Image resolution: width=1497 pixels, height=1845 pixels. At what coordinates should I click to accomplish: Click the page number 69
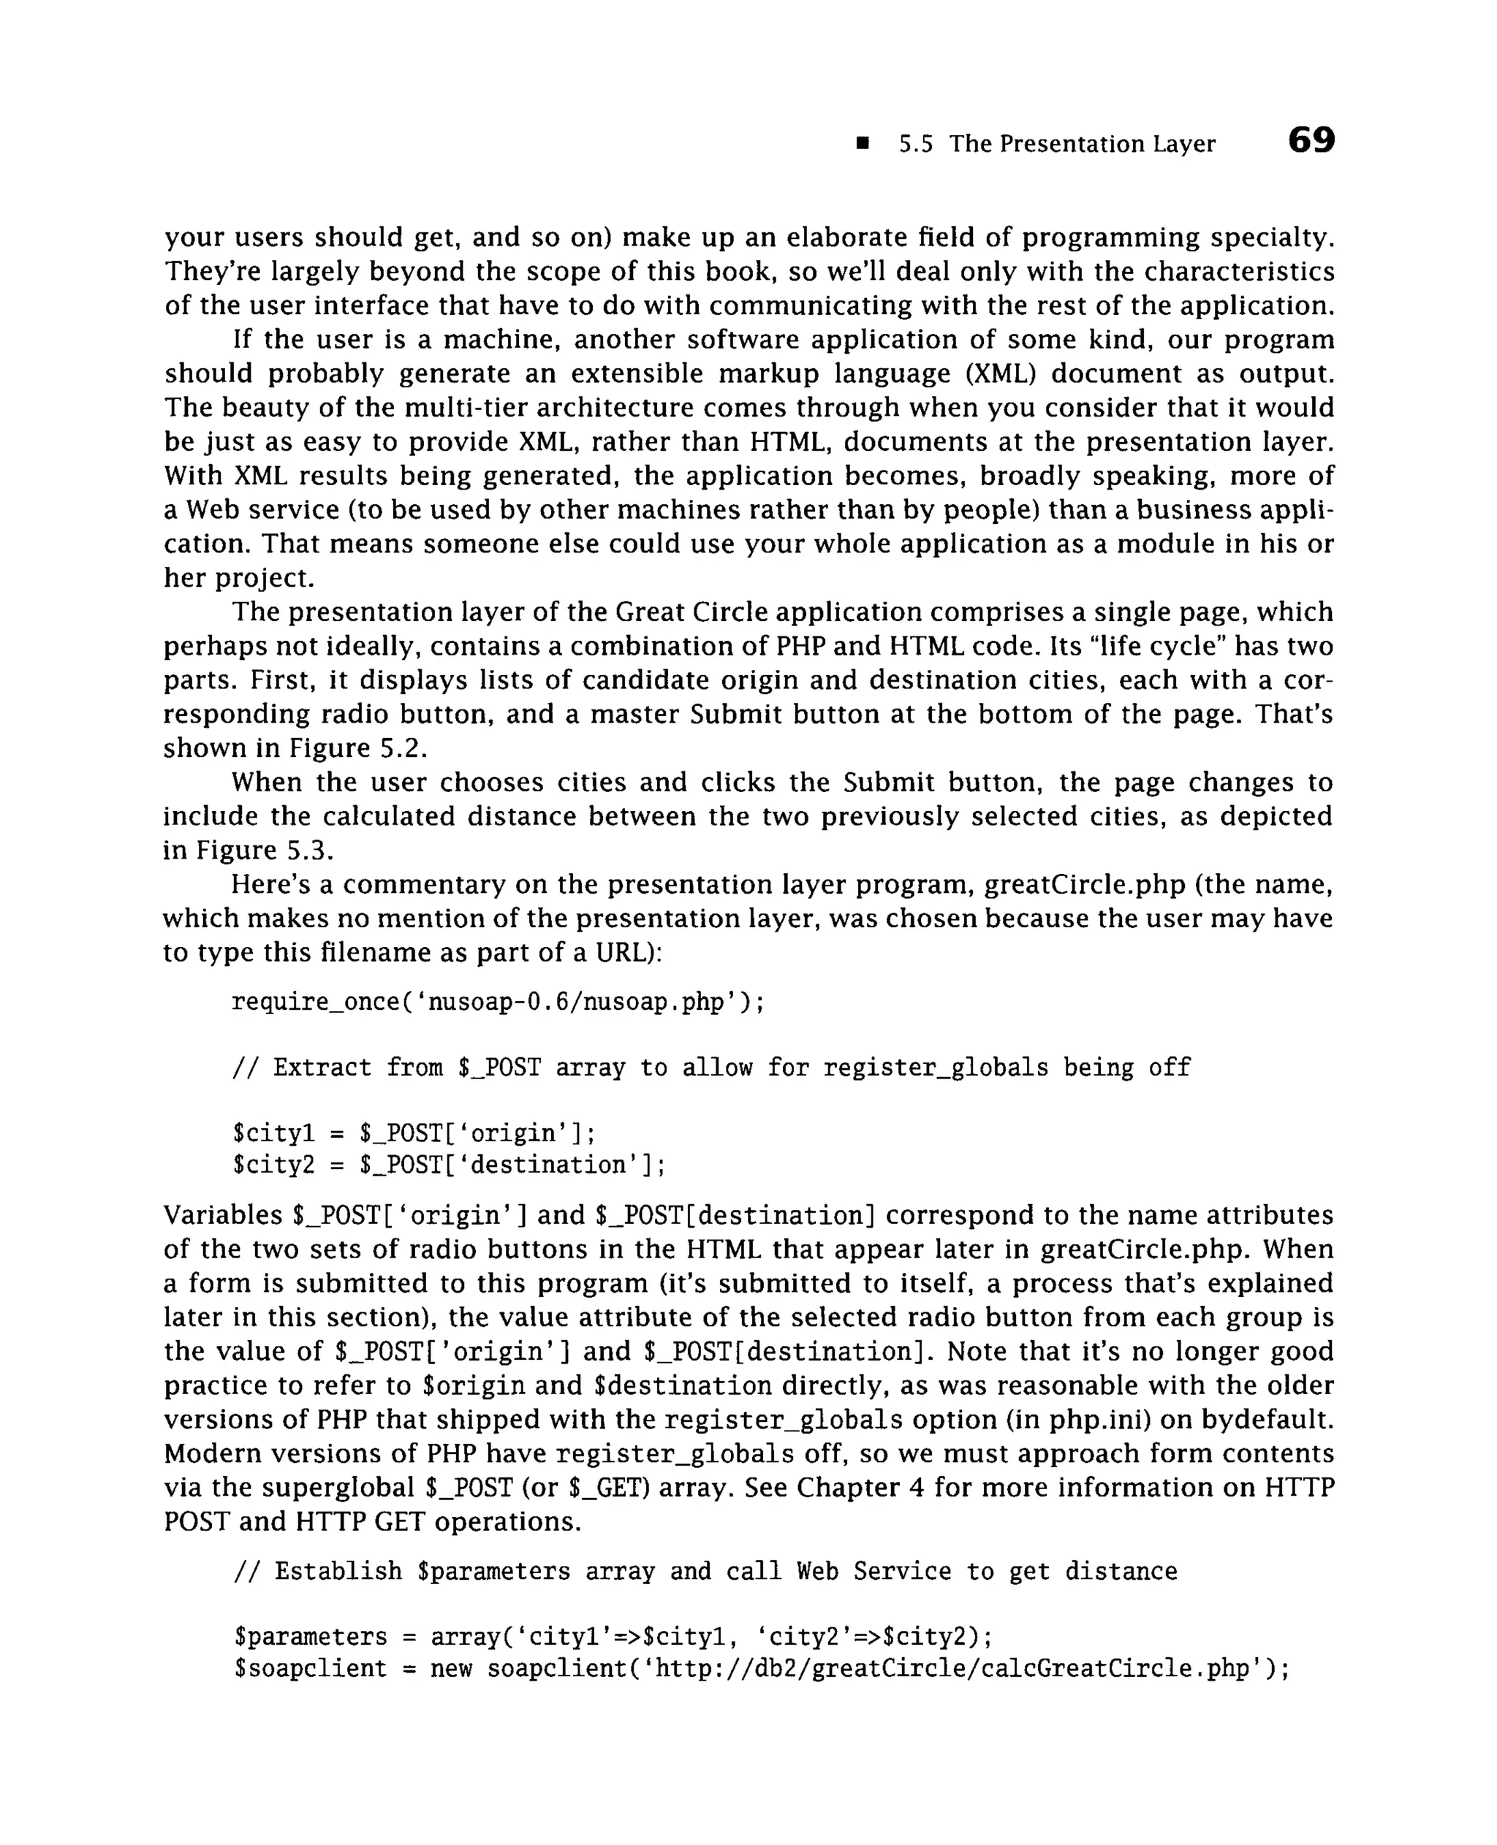tap(1311, 140)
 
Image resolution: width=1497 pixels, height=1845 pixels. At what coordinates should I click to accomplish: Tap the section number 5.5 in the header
tap(916, 144)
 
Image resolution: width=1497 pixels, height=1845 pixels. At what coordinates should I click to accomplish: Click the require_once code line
tap(498, 1002)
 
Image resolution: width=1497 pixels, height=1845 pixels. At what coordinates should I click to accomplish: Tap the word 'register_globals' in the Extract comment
tap(936, 1068)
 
